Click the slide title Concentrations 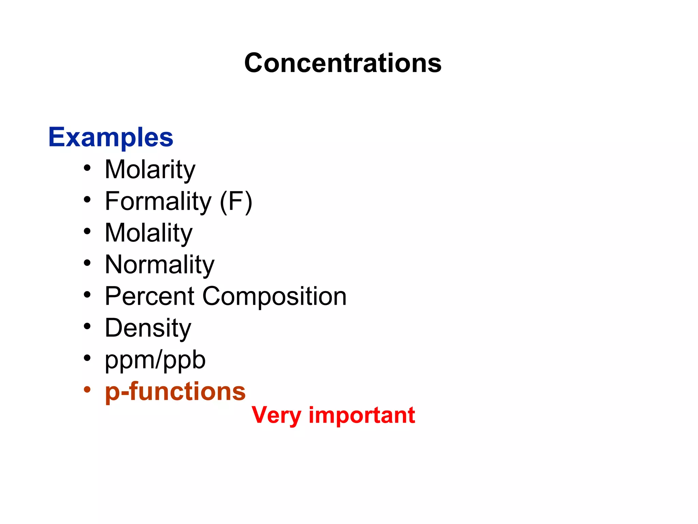343,63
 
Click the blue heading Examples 111,137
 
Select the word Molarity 150,170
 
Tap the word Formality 158,201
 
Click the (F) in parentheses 236,202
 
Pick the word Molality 149,233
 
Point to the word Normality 160,265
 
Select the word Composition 274,296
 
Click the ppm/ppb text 155,360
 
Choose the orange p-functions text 175,392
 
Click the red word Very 276,416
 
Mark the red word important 362,416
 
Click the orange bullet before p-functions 87,389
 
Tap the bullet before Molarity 87,168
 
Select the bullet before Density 87,326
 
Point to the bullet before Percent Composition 87,294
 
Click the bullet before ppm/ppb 87,358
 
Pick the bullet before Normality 87,263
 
